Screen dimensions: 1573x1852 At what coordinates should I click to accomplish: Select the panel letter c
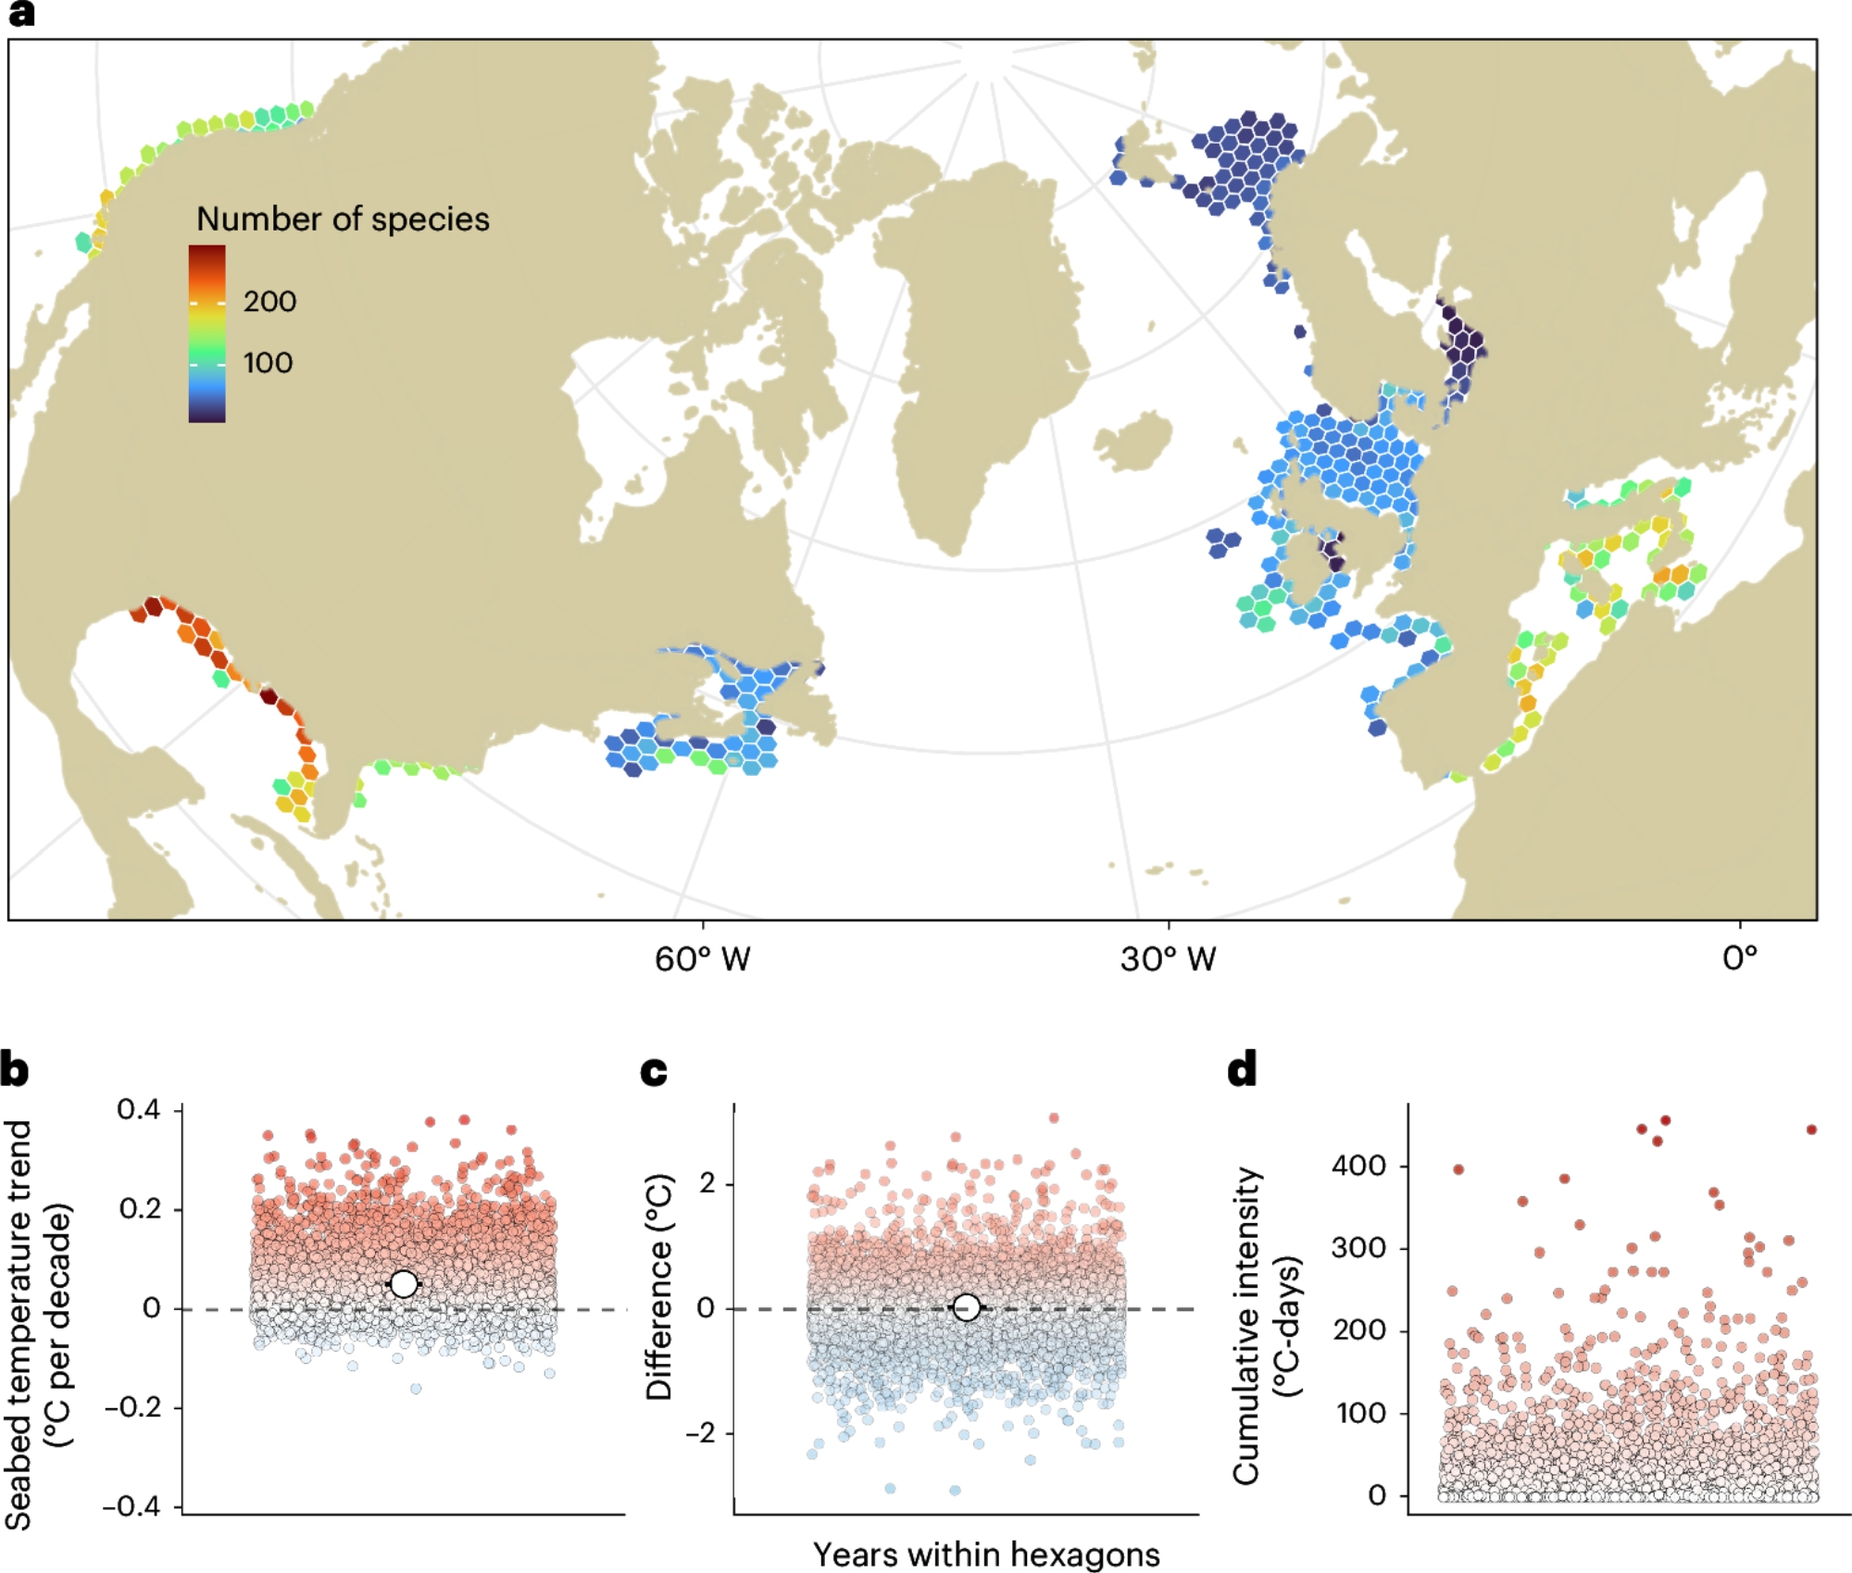coord(654,1071)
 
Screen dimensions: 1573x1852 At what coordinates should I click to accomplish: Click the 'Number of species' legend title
coord(343,219)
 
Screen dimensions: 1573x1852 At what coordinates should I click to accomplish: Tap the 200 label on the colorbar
coord(269,301)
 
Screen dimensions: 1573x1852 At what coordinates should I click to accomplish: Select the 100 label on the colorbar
coord(268,362)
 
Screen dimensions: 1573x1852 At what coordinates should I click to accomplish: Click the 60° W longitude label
coord(702,959)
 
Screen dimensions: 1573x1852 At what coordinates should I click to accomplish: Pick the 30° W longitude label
coord(1168,959)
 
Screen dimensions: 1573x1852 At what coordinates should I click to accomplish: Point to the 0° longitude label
coord(1740,957)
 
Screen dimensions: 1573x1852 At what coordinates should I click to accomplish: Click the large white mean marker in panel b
coord(404,1284)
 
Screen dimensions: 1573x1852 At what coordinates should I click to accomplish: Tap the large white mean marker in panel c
coord(966,1307)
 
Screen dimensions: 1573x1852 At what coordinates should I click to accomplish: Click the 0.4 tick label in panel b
coord(138,1109)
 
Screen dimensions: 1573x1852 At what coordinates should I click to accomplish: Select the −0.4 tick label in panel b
coord(131,1506)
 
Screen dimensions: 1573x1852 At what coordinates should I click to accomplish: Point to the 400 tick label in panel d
coord(1359,1166)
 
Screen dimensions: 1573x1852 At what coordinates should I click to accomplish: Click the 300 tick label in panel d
coord(1359,1248)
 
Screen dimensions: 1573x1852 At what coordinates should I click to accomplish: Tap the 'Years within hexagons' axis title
coord(986,1554)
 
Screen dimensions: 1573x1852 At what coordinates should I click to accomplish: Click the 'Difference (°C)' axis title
coord(659,1288)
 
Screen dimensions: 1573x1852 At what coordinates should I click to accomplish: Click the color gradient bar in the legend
coord(206,333)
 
